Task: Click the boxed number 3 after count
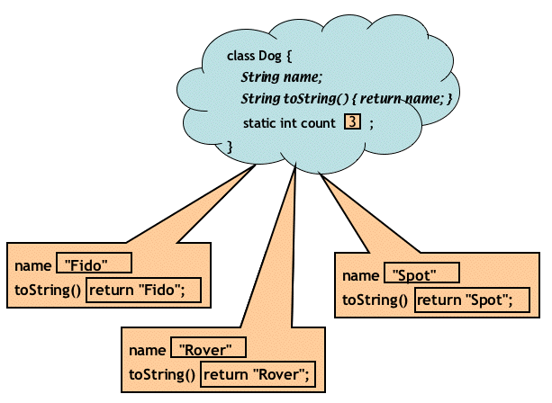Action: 352,122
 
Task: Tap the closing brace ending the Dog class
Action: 230,145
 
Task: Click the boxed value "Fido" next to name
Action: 94,264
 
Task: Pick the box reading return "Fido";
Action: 141,290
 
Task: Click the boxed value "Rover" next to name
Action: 208,349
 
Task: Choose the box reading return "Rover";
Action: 259,374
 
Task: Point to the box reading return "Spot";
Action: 469,300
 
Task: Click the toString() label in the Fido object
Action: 48,290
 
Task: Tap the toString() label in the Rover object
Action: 162,374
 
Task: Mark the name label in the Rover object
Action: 147,350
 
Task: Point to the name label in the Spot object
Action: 360,275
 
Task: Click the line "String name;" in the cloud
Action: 281,77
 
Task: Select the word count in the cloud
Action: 319,122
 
